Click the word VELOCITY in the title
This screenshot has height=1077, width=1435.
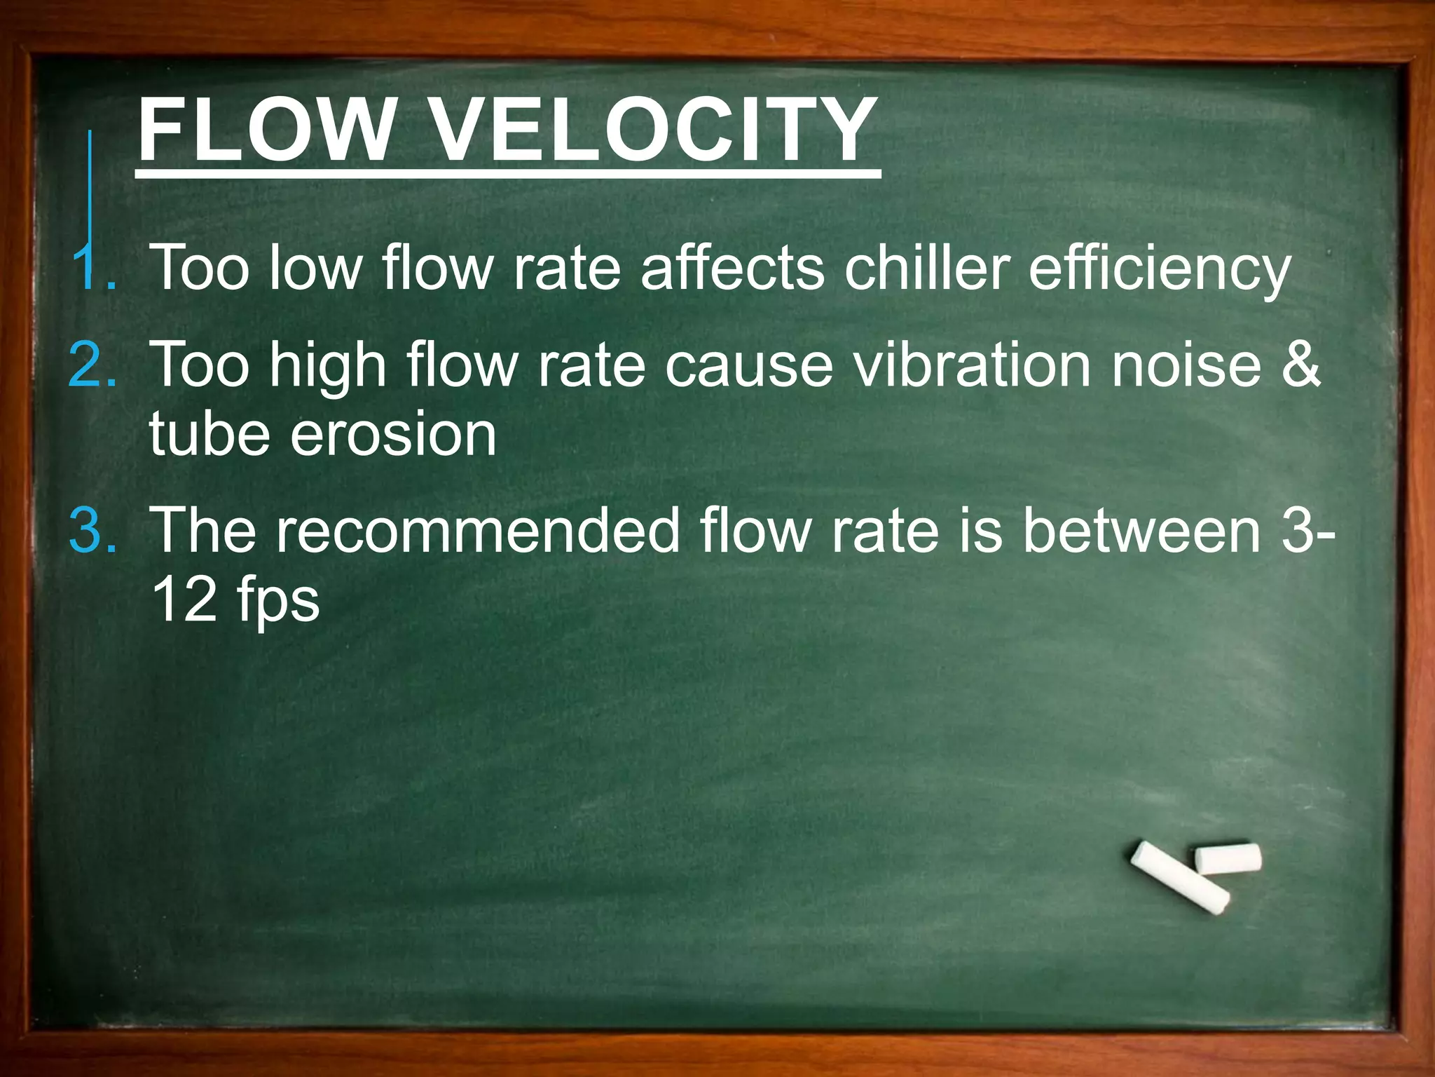click(652, 130)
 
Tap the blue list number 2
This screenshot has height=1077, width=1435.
click(92, 365)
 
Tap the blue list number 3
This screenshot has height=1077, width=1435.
click(92, 530)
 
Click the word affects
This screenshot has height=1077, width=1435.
click(732, 268)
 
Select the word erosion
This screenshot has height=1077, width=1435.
click(393, 435)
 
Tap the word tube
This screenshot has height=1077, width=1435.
click(210, 435)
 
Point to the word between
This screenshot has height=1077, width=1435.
click(1142, 530)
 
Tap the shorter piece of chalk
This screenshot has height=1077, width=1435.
click(1228, 858)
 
